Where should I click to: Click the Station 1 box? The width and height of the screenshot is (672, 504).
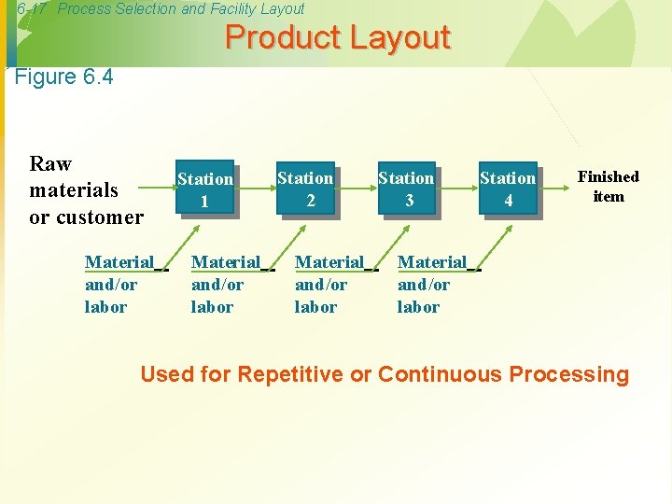[x=204, y=189]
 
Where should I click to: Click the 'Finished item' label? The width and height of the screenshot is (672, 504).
[x=609, y=186]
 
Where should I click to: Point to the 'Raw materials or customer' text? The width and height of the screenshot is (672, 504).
[x=86, y=190]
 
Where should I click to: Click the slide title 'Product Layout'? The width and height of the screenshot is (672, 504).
[x=337, y=38]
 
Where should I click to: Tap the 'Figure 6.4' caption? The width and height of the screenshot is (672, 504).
[x=64, y=77]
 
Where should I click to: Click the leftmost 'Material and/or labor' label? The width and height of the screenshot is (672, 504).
[x=119, y=284]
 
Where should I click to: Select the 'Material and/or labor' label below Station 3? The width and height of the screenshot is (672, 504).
[x=432, y=284]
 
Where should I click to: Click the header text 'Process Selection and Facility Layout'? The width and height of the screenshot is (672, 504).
[x=181, y=8]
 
